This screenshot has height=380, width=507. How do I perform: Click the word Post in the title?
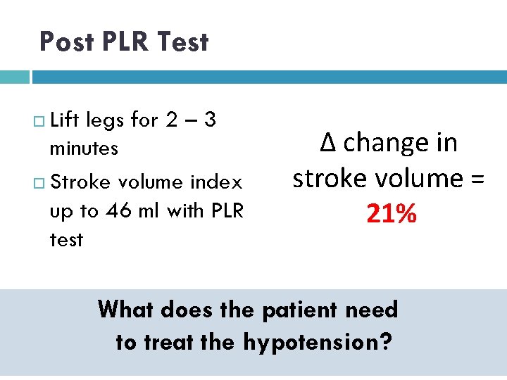(67, 42)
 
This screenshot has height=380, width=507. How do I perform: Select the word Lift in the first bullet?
(65, 120)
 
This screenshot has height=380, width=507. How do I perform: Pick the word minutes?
(83, 148)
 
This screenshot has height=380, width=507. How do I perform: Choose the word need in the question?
(373, 309)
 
